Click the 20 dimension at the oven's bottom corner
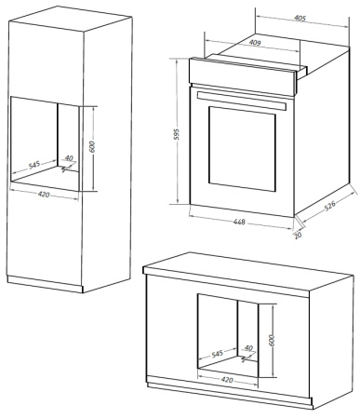(299, 234)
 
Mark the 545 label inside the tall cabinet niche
(34, 165)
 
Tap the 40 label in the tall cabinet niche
(68, 159)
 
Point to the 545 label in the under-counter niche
(216, 355)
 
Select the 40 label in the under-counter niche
(247, 348)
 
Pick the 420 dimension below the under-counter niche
(223, 380)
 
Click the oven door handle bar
(241, 96)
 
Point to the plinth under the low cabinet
(233, 391)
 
